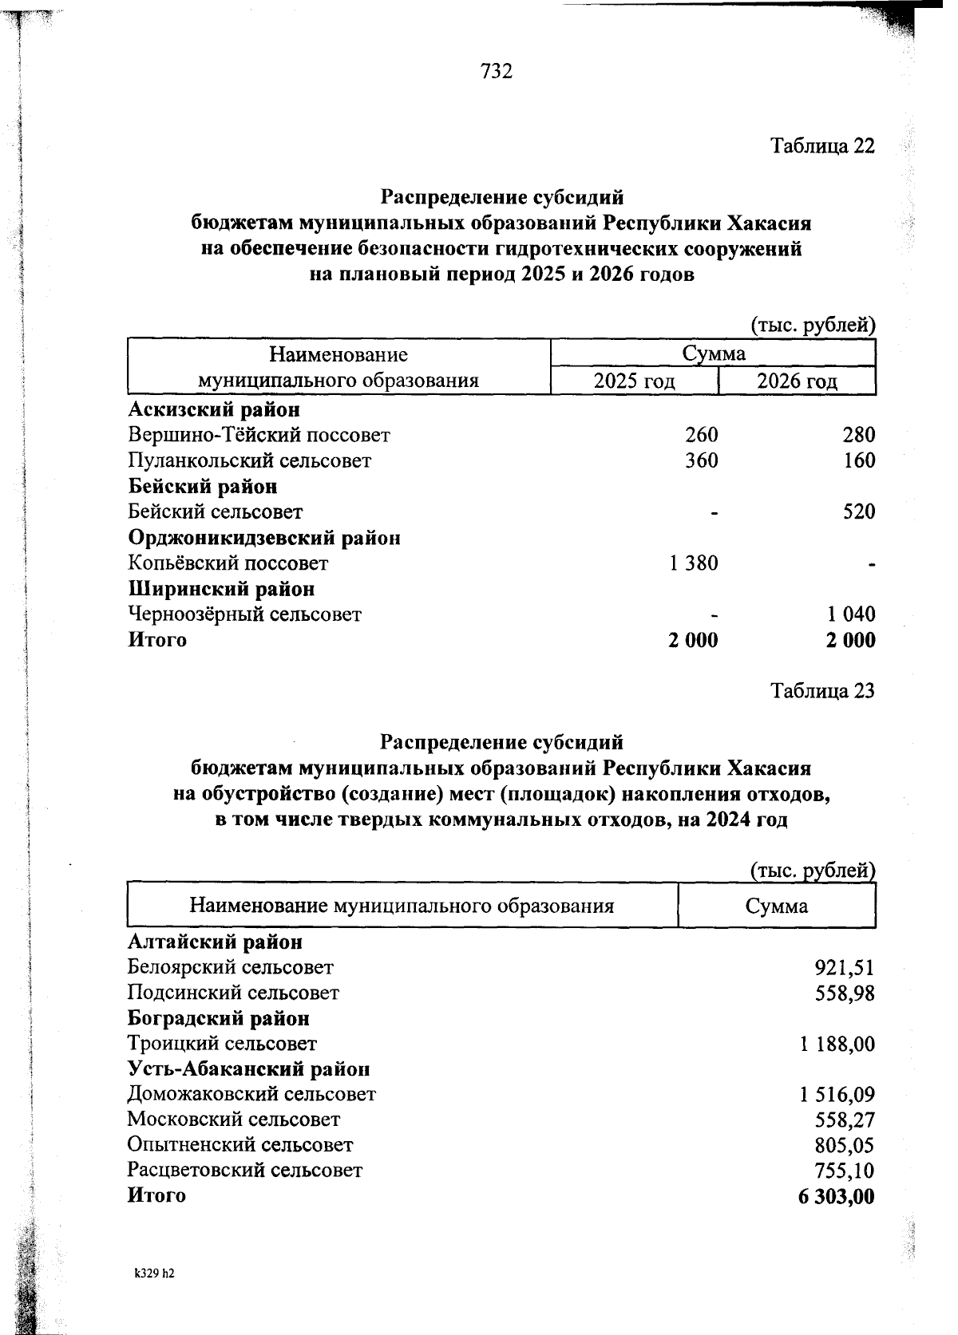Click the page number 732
point(496,72)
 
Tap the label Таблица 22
point(822,146)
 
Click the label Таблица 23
point(822,690)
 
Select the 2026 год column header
point(797,381)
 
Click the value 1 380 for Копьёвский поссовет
point(694,563)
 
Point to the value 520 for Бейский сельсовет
point(859,511)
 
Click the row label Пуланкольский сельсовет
point(249,461)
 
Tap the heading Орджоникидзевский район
point(264,538)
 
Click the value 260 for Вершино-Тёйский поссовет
point(701,435)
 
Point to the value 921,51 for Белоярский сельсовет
point(845,968)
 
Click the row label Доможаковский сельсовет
point(251,1094)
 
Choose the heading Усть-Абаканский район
point(248,1068)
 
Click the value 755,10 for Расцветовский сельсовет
point(845,1171)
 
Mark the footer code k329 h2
point(154,1274)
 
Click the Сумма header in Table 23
point(776,906)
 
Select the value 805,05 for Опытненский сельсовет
point(845,1146)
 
